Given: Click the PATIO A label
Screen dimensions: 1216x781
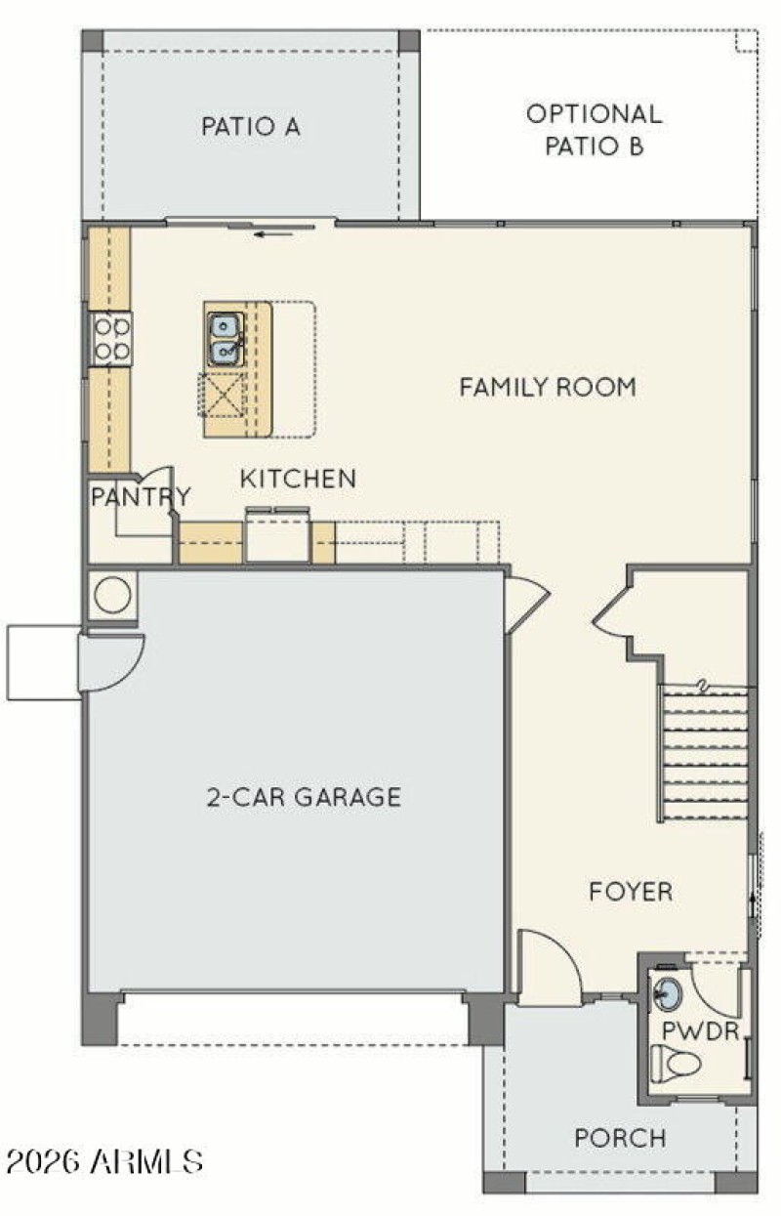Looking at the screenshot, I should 251,126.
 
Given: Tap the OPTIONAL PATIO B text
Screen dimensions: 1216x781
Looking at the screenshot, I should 594,130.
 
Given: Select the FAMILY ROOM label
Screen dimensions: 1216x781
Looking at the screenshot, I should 548,387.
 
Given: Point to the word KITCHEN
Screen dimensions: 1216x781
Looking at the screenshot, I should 298,479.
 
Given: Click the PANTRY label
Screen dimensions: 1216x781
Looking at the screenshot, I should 140,496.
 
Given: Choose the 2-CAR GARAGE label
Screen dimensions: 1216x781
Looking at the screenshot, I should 304,797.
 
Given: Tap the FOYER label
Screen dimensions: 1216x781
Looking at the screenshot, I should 631,891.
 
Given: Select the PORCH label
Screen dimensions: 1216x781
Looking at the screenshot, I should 620,1138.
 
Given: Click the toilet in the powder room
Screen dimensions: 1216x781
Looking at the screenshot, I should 678,1062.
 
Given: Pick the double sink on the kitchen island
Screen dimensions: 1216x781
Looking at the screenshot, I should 225,338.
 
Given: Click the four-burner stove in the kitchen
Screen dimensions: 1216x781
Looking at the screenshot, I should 111,338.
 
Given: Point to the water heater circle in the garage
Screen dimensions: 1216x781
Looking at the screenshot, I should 112,595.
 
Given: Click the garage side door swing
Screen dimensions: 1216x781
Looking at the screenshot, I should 110,660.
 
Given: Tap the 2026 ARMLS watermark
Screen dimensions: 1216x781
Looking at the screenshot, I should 104,1161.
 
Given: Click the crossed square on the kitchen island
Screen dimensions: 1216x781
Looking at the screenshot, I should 222,395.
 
